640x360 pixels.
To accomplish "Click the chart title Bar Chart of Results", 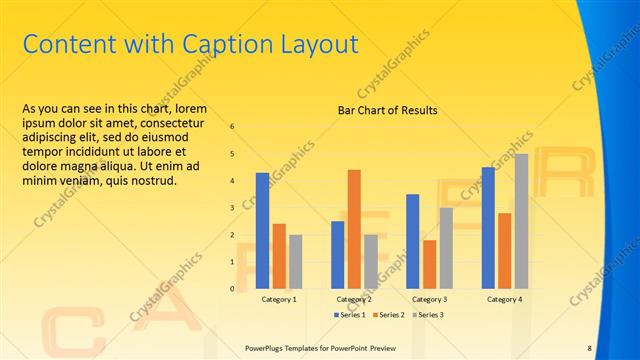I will point(387,110).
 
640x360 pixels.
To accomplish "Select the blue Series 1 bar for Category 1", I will point(262,230).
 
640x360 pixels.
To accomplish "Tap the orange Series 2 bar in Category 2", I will point(354,229).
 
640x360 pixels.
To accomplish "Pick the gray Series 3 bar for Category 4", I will point(521,221).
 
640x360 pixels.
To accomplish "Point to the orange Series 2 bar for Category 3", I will point(429,264).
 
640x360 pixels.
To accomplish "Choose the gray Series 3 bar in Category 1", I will point(296,262).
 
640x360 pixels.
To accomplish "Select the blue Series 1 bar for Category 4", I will point(488,227).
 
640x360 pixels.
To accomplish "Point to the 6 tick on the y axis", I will point(232,127).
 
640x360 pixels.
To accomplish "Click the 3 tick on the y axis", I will point(232,208).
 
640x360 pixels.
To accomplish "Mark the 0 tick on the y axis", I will point(232,289).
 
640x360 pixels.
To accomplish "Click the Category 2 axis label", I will point(354,299).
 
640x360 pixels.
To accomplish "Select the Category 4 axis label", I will point(504,299).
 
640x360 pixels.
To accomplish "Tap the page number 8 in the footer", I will point(589,347).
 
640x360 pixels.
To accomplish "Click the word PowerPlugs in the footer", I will point(267,347).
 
